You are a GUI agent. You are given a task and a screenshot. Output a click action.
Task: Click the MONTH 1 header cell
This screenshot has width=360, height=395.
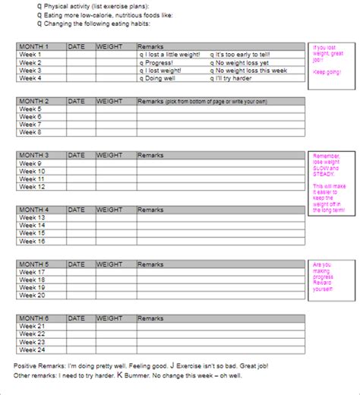point(34,47)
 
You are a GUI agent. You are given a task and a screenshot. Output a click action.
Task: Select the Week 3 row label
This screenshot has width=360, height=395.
point(30,70)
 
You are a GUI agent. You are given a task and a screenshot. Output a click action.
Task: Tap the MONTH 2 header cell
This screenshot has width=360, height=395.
point(34,101)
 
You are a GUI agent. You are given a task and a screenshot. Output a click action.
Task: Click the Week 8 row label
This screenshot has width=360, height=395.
point(30,132)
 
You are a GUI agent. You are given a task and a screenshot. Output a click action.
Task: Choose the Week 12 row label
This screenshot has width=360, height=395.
point(32,186)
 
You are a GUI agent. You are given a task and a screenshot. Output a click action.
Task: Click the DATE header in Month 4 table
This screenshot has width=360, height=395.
point(77,210)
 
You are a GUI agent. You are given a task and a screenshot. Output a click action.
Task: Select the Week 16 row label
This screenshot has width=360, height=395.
point(32,241)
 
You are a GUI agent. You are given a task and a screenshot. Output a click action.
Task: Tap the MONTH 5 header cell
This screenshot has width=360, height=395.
point(34,264)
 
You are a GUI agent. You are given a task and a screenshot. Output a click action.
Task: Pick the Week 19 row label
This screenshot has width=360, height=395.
point(32,287)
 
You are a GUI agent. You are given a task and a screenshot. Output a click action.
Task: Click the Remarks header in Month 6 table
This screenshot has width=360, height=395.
point(150,318)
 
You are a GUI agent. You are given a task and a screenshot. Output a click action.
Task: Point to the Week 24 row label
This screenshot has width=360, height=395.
point(32,349)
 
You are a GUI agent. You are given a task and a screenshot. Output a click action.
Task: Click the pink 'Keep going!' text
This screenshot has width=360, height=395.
point(327,71)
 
